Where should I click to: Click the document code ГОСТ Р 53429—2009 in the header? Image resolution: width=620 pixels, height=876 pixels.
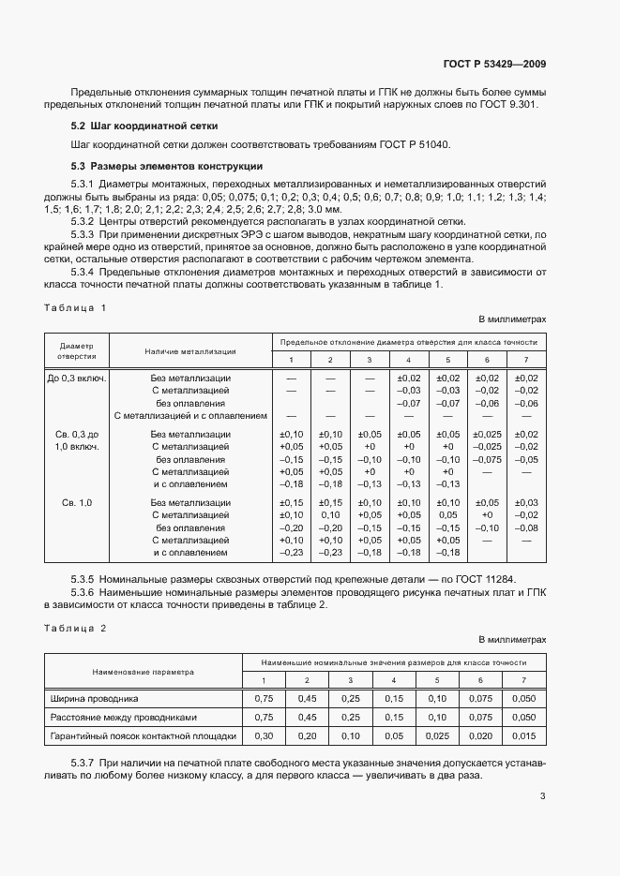tap(495, 64)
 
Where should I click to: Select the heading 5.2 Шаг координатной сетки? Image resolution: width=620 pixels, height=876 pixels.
tap(144, 125)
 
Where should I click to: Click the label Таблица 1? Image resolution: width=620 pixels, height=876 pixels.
tap(76, 307)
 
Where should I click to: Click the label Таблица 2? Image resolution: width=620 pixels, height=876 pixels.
tap(76, 628)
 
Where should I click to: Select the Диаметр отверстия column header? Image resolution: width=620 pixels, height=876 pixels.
tap(77, 350)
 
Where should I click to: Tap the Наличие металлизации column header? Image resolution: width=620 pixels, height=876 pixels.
tap(190, 351)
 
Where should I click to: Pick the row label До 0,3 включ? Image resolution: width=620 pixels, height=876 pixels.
tap(77, 379)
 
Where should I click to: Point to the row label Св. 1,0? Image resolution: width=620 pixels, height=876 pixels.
tap(77, 503)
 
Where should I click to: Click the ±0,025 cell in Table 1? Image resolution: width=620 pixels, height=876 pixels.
tap(487, 435)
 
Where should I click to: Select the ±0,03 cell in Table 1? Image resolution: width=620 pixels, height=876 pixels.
tap(527, 503)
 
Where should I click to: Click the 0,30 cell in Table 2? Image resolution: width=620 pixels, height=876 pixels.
tap(264, 735)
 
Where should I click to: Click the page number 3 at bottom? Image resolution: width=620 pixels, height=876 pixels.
tap(542, 796)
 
